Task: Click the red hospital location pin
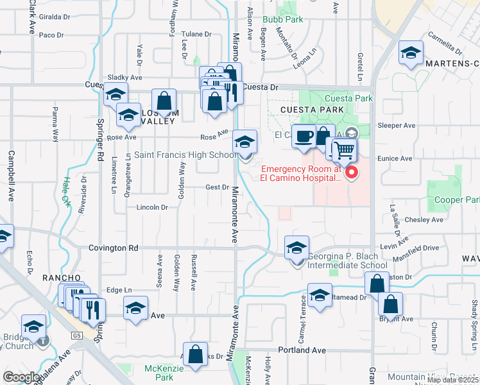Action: tap(351, 173)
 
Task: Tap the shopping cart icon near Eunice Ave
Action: tap(345, 151)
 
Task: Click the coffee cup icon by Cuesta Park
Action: tap(303, 135)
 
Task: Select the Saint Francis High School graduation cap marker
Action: tap(244, 142)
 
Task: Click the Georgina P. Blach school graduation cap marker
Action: tap(296, 248)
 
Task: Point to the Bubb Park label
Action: tap(282, 20)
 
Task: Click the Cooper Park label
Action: tap(456, 200)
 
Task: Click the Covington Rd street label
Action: tap(114, 248)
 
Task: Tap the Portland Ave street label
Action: tap(302, 350)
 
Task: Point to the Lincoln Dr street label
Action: tap(151, 207)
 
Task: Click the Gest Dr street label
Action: tap(217, 187)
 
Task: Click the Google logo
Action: tap(21, 377)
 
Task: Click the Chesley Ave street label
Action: tap(424, 219)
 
